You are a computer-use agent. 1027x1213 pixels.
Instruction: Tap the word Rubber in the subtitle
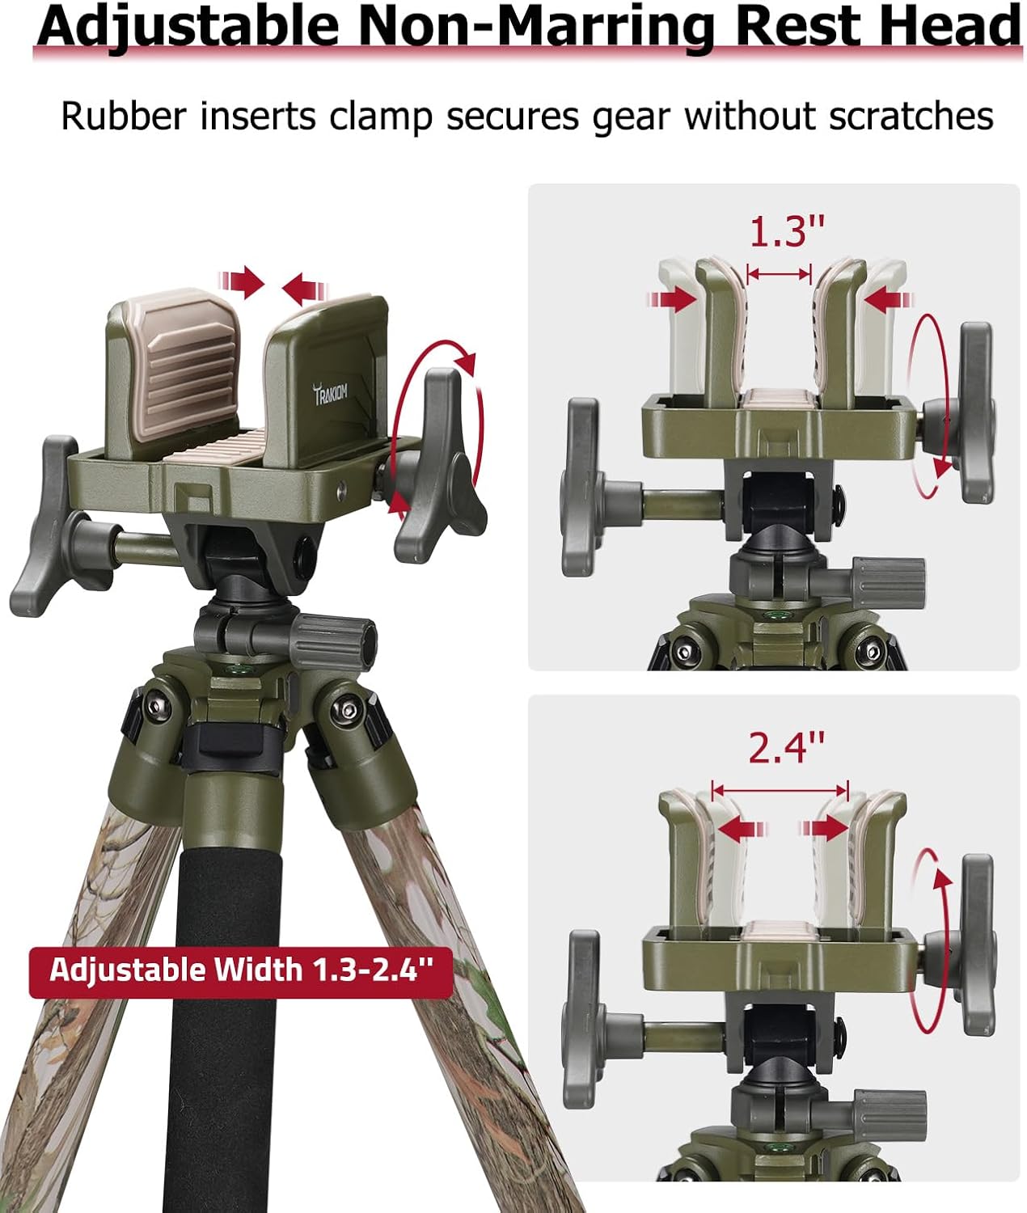click(x=123, y=116)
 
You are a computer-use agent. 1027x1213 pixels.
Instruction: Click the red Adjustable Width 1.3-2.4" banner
click(x=241, y=969)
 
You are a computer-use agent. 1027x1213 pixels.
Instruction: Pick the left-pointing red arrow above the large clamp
click(x=304, y=285)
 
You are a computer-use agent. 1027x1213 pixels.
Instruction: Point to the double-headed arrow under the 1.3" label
click(x=779, y=275)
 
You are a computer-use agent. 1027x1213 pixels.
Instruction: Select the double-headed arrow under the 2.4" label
click(x=780, y=789)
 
